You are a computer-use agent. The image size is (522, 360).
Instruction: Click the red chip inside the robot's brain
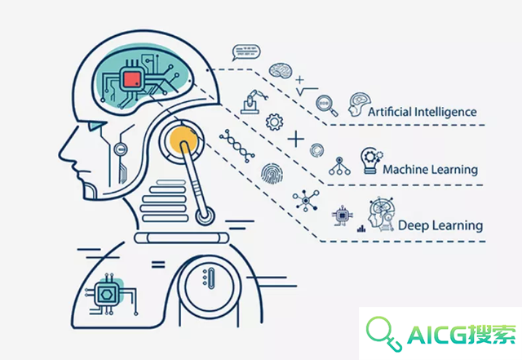pos(132,79)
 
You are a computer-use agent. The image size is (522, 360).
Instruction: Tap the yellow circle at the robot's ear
pos(184,140)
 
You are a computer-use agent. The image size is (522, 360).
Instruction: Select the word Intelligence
pos(446,112)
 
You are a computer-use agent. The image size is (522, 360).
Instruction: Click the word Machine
pos(405,169)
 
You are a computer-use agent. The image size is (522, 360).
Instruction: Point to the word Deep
pos(414,225)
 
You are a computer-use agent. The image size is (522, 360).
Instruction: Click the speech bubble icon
pos(246,53)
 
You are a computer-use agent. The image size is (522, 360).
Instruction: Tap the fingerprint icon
pos(272,173)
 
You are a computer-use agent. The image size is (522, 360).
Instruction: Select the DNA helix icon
pos(237,146)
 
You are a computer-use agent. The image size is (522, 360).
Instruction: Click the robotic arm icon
pos(254,102)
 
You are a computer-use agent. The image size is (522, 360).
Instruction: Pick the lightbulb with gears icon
pos(371,161)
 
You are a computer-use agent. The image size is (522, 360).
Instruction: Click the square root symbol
pos(307,91)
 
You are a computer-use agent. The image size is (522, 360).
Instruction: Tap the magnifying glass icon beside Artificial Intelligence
pos(326,105)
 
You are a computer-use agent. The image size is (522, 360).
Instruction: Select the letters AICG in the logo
pos(437,335)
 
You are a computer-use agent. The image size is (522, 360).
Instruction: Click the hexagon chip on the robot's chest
pos(107,295)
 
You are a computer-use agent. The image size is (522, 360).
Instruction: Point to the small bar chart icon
pos(361,229)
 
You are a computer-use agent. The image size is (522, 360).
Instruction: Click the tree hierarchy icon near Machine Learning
pos(339,166)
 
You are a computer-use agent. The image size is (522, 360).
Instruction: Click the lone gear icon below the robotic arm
pos(274,122)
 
